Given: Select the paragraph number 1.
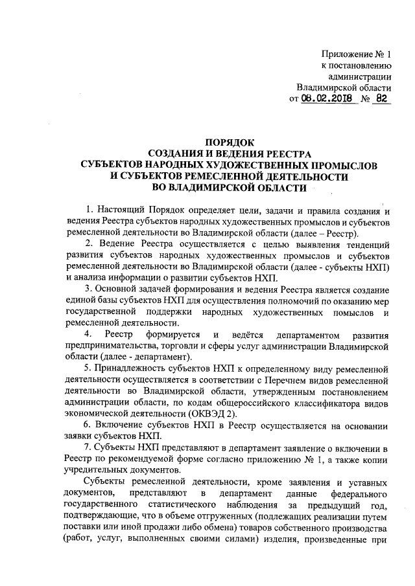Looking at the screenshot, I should click(89, 211).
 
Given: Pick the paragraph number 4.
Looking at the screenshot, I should click(89, 335).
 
